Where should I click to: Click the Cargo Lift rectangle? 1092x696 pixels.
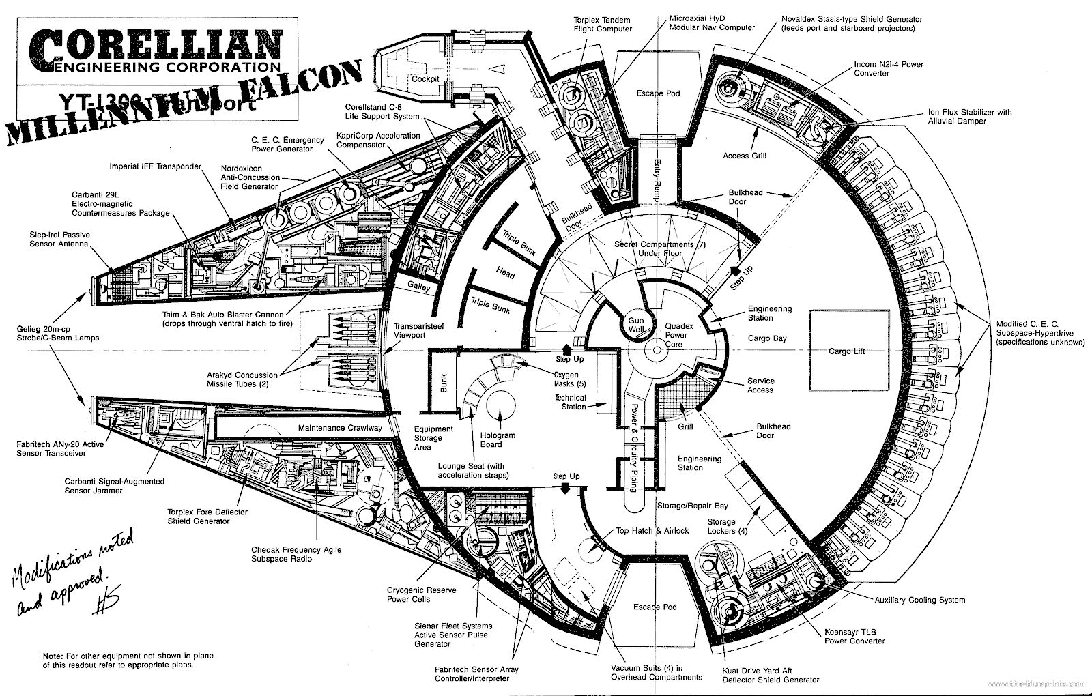[x=848, y=351]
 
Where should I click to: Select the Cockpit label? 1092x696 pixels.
[x=424, y=79]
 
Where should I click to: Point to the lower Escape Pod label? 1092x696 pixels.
[x=656, y=607]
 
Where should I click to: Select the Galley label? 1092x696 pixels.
[x=419, y=288]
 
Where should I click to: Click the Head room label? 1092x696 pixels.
[x=506, y=274]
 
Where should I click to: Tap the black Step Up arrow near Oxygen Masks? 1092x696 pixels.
[x=566, y=349]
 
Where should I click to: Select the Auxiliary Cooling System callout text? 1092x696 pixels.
[x=919, y=600]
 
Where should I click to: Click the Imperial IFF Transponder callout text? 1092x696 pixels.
[x=156, y=166]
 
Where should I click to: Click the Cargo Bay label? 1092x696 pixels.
[x=767, y=338]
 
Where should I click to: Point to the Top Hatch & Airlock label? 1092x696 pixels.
[x=652, y=530]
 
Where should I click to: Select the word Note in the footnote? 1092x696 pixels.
[x=53, y=656]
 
